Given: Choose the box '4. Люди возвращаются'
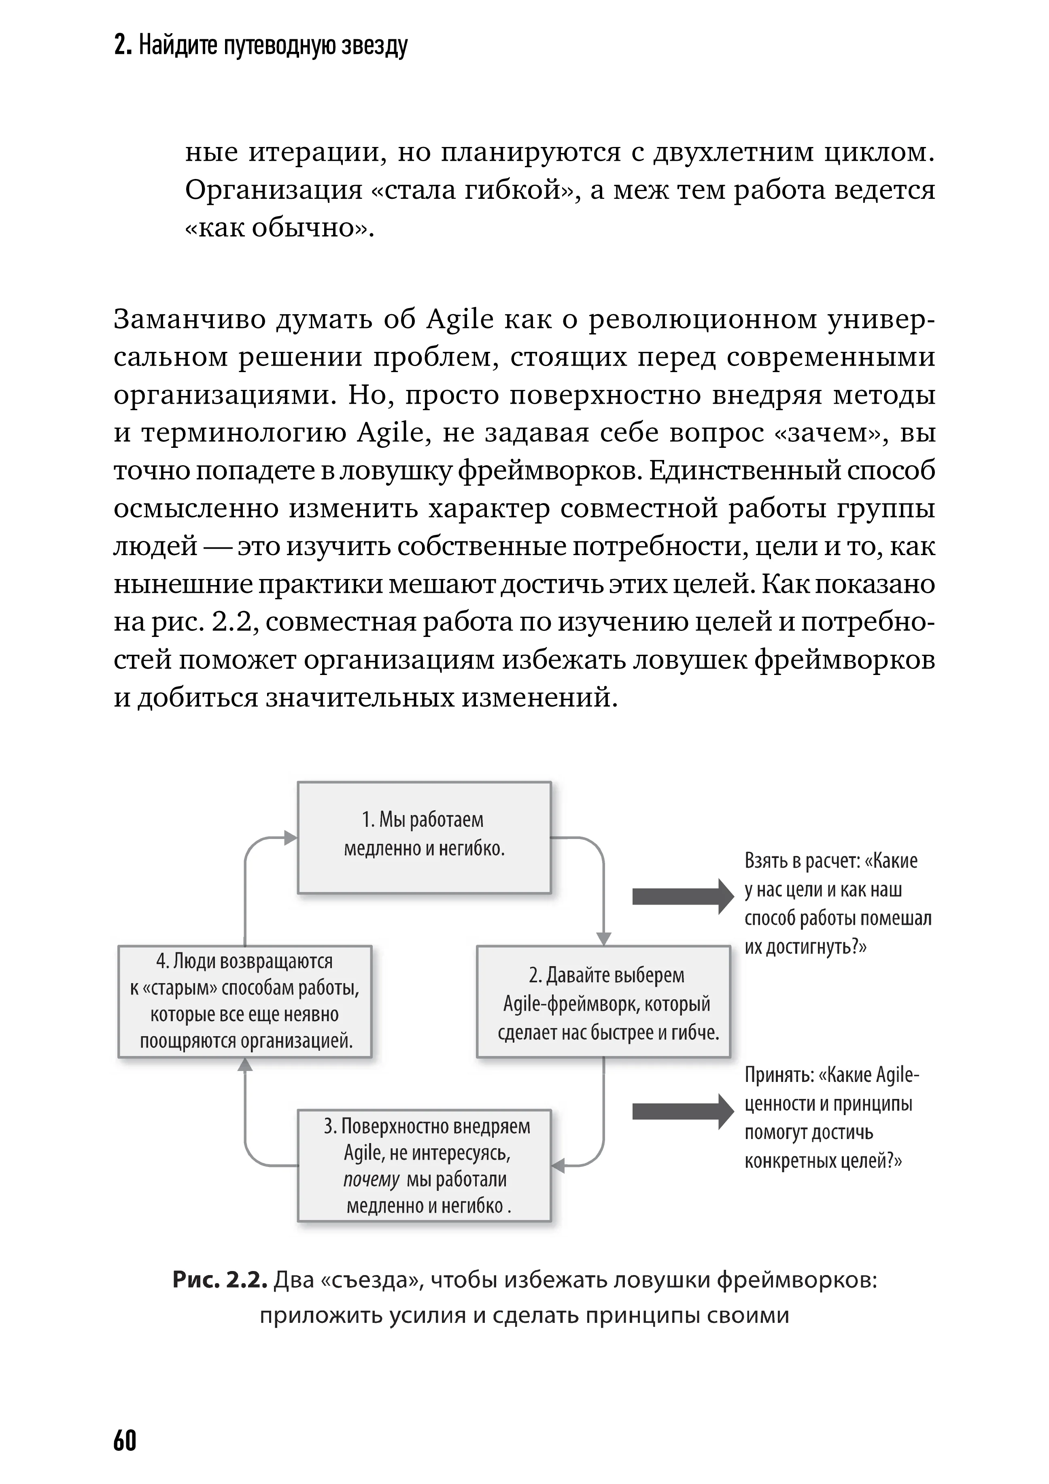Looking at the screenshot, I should tap(245, 1001).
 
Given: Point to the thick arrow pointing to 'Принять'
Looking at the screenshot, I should tap(682, 1111).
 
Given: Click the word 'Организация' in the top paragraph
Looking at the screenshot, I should tap(273, 190).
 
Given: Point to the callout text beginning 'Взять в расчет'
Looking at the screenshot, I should tap(838, 904).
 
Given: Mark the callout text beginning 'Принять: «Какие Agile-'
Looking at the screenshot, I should tap(831, 1118).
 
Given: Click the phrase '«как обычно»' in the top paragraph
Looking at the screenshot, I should tap(278, 228).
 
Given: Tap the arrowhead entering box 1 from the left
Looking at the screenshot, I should tap(291, 838).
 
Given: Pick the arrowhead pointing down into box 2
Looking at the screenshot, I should tap(603, 939).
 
